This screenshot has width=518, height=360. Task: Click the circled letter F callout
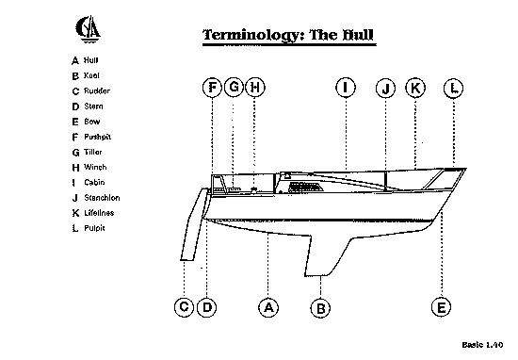pos(212,88)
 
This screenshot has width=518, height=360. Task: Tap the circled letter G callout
pos(234,88)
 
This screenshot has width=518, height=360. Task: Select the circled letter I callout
pos(346,88)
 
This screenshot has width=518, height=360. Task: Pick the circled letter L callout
pos(454,89)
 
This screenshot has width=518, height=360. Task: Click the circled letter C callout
pos(184,307)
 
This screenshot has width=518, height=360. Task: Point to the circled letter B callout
pos(320,308)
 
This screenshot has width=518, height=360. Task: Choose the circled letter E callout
pos(442,307)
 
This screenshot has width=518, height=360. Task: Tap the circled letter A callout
pos(268,307)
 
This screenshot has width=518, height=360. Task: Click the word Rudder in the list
pos(97,90)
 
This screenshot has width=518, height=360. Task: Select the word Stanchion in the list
pos(102,198)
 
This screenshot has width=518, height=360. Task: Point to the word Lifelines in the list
pos(99,213)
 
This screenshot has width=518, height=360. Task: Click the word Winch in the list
pos(95,167)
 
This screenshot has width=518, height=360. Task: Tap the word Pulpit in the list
pos(94,228)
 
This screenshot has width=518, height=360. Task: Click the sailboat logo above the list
pos(88,29)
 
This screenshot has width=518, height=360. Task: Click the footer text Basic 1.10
pos(482,345)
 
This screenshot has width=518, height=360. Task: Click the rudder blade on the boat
pos(193,225)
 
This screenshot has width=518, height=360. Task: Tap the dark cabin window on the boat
pos(305,188)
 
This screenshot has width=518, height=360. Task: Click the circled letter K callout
pos(415,88)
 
